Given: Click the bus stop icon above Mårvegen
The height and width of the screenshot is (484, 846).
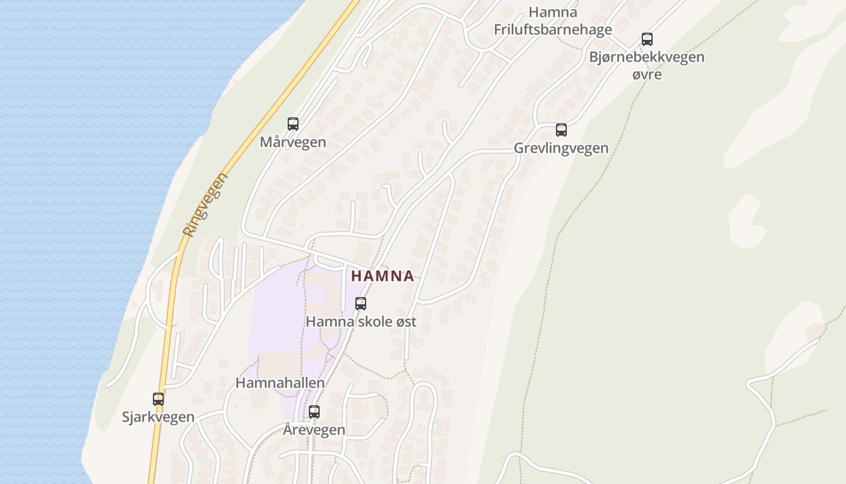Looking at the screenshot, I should pyautogui.click(x=293, y=124).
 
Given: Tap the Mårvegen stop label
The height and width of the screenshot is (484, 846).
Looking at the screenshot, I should pyautogui.click(x=293, y=143).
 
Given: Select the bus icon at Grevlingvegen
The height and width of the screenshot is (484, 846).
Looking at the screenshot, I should pyautogui.click(x=561, y=129).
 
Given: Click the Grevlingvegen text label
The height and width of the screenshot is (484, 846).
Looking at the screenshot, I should pyautogui.click(x=561, y=148).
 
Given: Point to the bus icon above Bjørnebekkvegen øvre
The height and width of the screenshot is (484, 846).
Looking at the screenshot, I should pyautogui.click(x=647, y=39).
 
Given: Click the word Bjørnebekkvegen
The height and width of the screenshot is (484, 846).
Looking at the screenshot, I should pyautogui.click(x=647, y=57).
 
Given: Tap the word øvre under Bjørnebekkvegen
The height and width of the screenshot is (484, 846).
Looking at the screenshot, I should pyautogui.click(x=647, y=75).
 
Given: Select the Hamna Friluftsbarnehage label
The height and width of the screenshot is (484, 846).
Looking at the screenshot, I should pyautogui.click(x=553, y=21).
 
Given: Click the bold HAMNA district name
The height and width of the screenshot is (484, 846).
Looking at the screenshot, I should pyautogui.click(x=383, y=276).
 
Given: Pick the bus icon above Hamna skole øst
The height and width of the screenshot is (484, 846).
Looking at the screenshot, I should pyautogui.click(x=361, y=304).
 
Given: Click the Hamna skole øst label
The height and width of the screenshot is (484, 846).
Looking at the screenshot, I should pyautogui.click(x=361, y=322).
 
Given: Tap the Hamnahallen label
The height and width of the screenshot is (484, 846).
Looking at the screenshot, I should pyautogui.click(x=280, y=383).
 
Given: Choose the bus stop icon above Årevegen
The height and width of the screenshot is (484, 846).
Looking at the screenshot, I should pyautogui.click(x=314, y=412).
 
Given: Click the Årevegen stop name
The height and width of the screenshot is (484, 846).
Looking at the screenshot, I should pyautogui.click(x=314, y=430).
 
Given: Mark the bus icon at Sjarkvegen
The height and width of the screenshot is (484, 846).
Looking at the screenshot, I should pyautogui.click(x=158, y=399).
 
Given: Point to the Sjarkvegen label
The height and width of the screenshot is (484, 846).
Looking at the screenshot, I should pyautogui.click(x=158, y=417).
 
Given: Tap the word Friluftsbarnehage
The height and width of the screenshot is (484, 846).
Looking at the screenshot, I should pyautogui.click(x=553, y=30).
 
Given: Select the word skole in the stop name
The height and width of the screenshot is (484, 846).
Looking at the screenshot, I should pyautogui.click(x=377, y=322).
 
